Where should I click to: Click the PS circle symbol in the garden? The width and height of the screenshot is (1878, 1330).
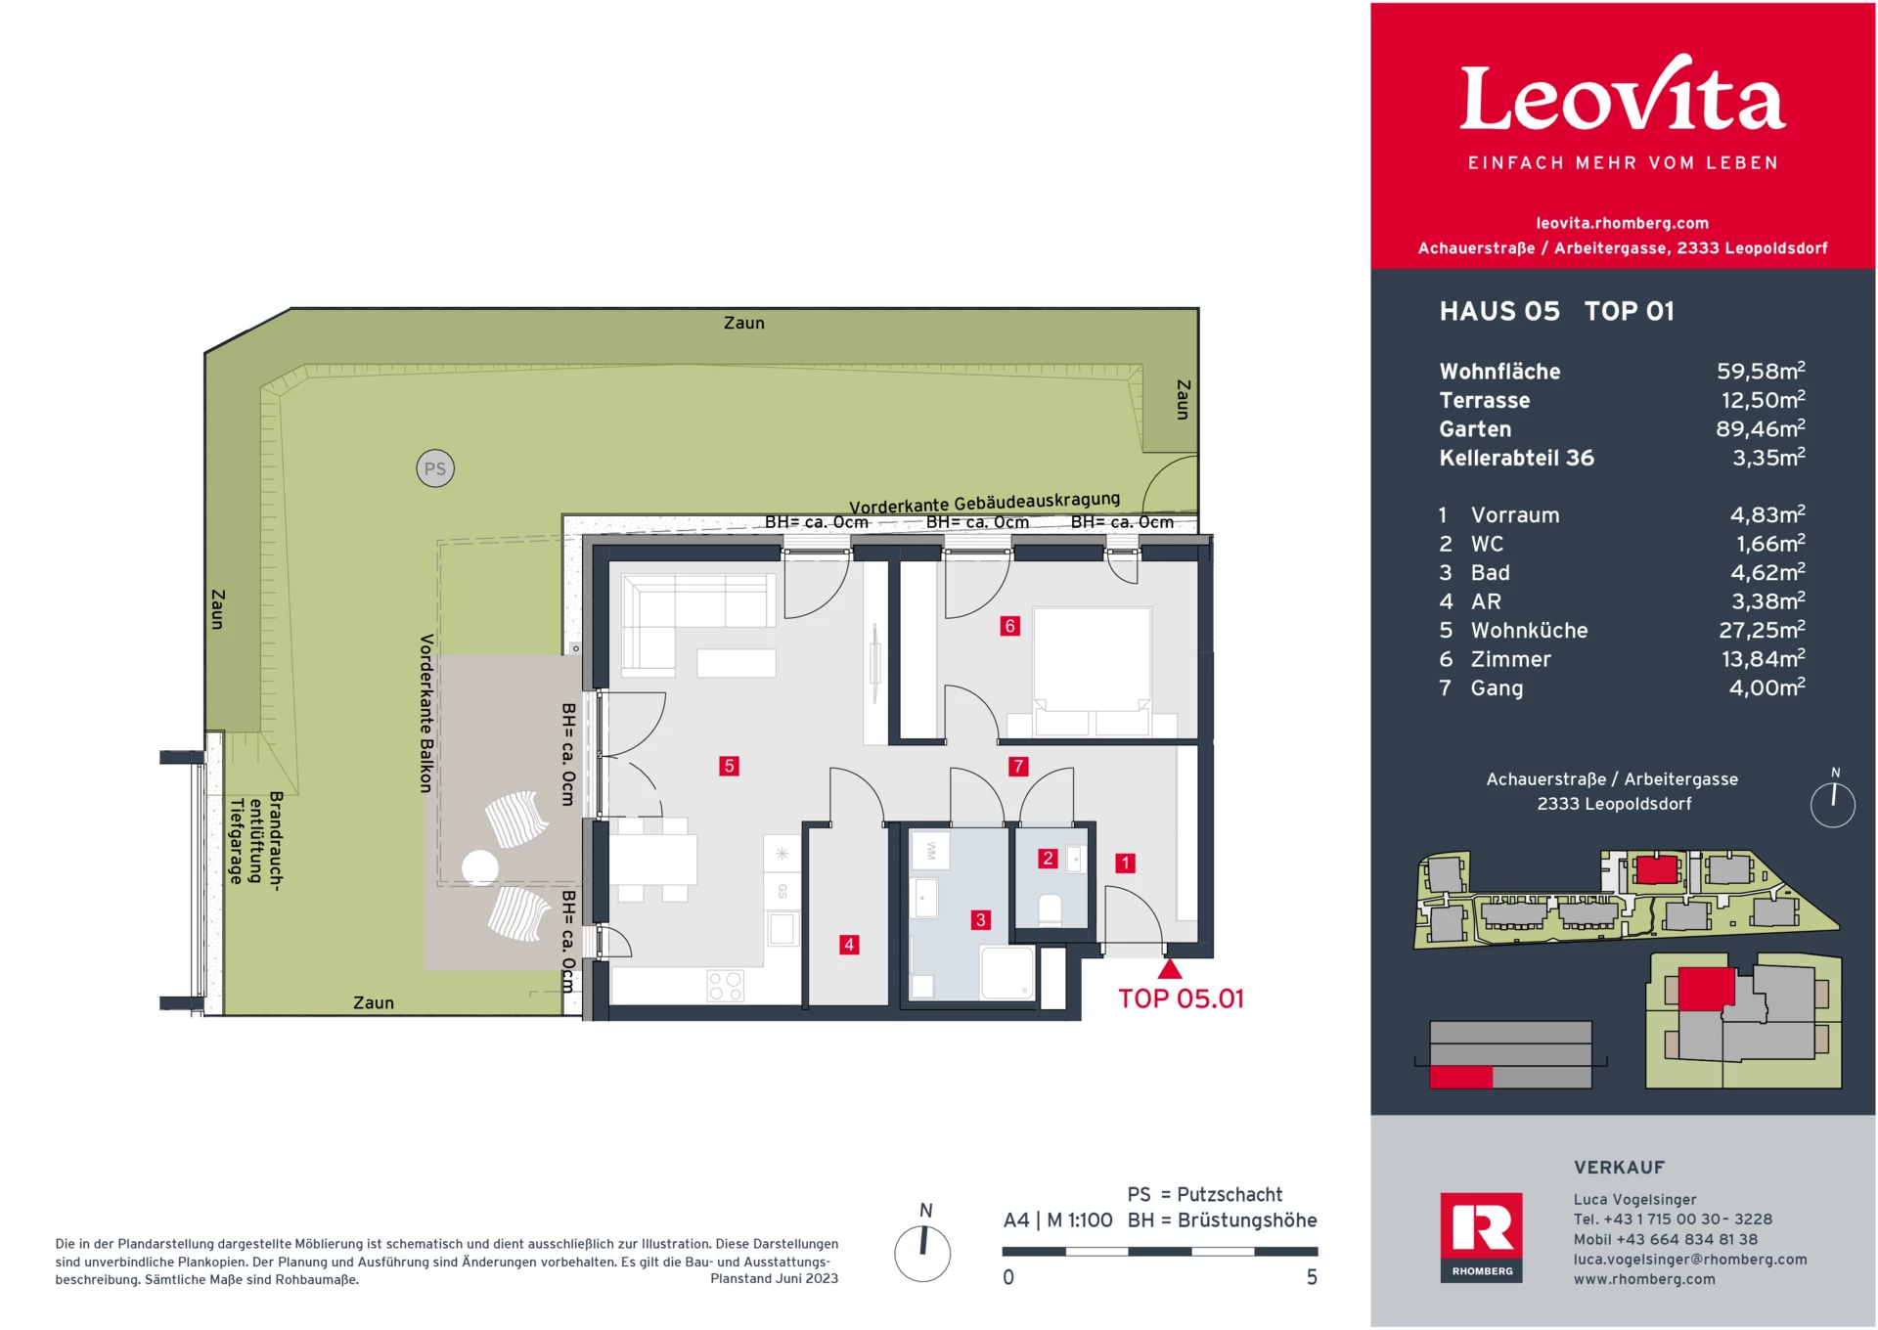pyautogui.click(x=435, y=468)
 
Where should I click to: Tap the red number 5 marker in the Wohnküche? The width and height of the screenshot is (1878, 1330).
pyautogui.click(x=729, y=766)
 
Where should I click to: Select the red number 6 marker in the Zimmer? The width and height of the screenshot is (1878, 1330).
pyautogui.click(x=1010, y=626)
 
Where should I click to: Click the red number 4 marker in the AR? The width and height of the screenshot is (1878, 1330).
pyautogui.click(x=849, y=945)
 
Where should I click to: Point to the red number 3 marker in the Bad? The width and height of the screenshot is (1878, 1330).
pyautogui.click(x=981, y=919)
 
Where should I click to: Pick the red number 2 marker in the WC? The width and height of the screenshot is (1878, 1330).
pyautogui.click(x=1048, y=858)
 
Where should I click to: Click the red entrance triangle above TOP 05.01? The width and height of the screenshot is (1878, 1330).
pyautogui.click(x=1170, y=969)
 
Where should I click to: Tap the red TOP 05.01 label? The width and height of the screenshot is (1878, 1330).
pyautogui.click(x=1181, y=998)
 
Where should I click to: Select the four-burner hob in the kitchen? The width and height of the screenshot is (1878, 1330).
pyautogui.click(x=725, y=986)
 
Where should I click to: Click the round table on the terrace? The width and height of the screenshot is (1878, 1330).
pyautogui.click(x=480, y=867)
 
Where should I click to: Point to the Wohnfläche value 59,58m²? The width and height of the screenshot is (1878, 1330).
pyautogui.click(x=1760, y=372)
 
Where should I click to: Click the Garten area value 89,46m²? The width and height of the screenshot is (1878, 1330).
pyautogui.click(x=1760, y=429)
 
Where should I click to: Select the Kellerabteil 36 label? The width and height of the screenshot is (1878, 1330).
pyautogui.click(x=1516, y=458)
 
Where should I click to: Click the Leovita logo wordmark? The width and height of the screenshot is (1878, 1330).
pyautogui.click(x=1623, y=98)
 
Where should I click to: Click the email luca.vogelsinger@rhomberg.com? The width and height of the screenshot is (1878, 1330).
pyautogui.click(x=1689, y=1260)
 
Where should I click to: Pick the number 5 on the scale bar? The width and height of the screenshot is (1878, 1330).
pyautogui.click(x=1312, y=1277)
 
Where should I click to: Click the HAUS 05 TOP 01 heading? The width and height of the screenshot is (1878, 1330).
pyautogui.click(x=1556, y=311)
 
